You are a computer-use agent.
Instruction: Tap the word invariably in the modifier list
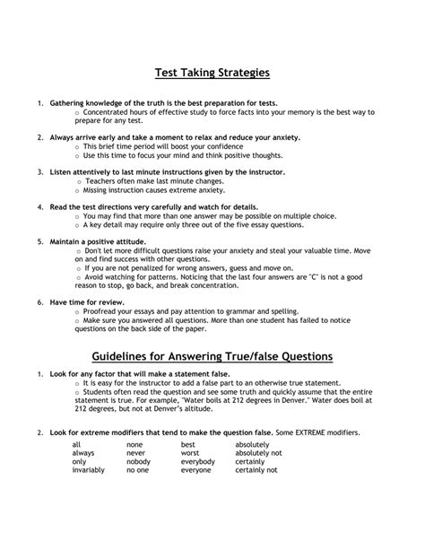pos(89,493)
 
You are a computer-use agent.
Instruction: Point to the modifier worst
pos(190,477)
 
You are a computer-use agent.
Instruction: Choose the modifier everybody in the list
pos(198,485)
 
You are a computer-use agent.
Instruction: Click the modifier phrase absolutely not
pos(258,477)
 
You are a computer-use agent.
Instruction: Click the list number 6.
pos(39,304)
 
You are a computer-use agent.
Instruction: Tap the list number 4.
pos(39,206)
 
